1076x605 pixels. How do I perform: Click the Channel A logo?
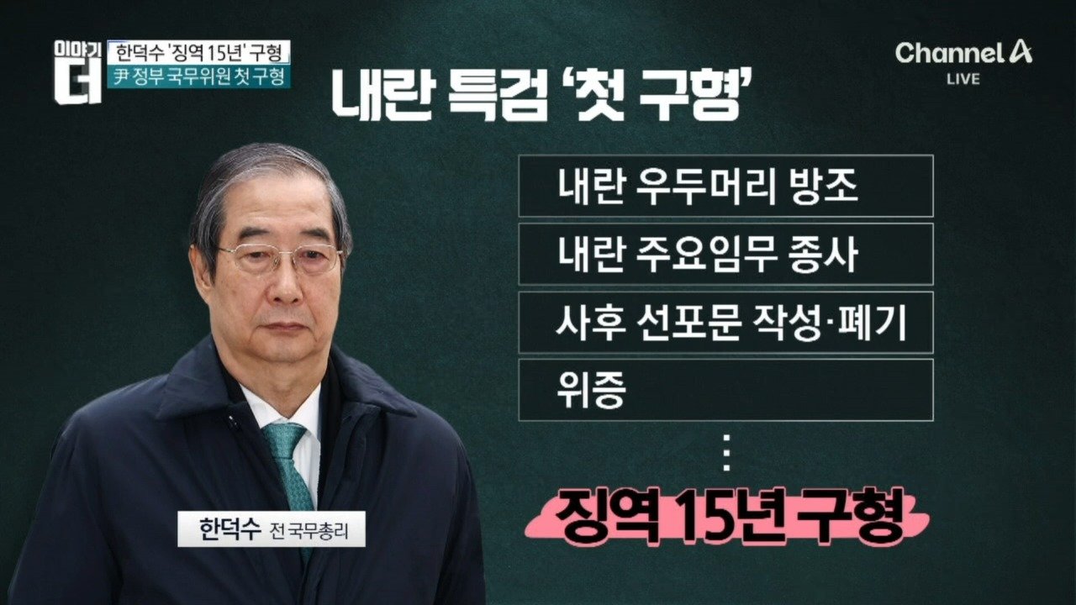click(963, 53)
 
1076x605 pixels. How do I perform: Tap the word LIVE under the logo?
click(963, 79)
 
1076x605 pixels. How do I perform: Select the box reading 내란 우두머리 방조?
click(725, 186)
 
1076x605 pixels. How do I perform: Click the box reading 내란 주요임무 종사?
click(725, 254)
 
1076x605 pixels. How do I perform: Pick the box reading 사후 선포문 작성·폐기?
click(725, 322)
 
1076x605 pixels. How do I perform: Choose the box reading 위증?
click(725, 390)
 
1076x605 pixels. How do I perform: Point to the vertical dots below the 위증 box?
click(726, 452)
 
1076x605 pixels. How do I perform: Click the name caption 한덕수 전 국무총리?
click(272, 529)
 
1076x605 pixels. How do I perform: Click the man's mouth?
click(287, 328)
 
